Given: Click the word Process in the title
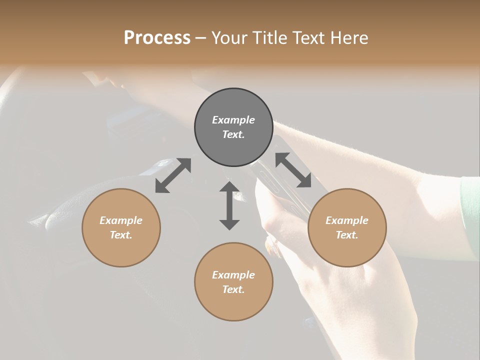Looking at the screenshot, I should coord(157,37).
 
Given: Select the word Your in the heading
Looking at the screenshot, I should coord(228,37).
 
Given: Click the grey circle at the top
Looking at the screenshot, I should coord(233,127).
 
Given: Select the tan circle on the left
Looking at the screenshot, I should coord(121,227).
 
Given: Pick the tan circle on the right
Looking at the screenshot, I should coord(347,227).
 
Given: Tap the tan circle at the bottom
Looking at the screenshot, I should coord(233,281).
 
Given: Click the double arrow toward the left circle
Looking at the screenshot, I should coord(173,175).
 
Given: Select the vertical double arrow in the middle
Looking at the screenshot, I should coord(229,205).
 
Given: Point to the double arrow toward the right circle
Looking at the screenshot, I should coord(293,170).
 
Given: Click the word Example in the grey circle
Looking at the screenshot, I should coord(233,120).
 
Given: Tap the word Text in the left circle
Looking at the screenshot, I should coord(121,235).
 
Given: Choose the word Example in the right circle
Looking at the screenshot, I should coord(347,220).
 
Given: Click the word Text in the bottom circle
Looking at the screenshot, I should coord(233,289).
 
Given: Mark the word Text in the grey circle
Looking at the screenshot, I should coord(233,134).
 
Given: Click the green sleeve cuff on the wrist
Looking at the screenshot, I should coord(470,215).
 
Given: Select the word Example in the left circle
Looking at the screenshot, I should coord(121,220).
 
